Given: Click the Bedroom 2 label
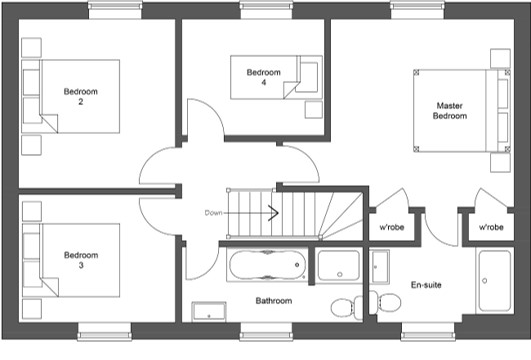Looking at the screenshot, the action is coord(81,97).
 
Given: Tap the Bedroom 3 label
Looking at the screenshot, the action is coord(81,260).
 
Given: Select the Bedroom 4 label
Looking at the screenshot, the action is coord(263,77).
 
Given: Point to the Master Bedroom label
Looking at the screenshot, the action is coord(450,111).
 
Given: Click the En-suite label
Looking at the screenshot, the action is coord(426,285).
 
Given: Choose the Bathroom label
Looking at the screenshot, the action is coord(274,301).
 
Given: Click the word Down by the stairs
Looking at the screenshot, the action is coord(213,213).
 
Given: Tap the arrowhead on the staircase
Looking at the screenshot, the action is coord(274,213).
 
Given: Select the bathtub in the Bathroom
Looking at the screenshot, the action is coord(268,265).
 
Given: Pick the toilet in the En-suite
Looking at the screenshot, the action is coord(385,301).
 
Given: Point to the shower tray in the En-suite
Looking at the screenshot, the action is coord(495,281).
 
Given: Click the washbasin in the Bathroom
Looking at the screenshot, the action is coord(209,312).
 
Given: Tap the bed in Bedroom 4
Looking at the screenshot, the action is coord(276,77).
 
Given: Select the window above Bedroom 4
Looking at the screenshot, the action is coord(266,10).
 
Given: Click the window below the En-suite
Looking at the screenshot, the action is coord(428,332).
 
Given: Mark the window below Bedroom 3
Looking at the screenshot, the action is coord(105,332).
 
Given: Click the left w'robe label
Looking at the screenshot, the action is coord(392,227).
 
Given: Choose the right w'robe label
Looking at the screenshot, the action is coord(491,227).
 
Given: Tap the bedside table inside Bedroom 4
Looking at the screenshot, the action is coord(314,110).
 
